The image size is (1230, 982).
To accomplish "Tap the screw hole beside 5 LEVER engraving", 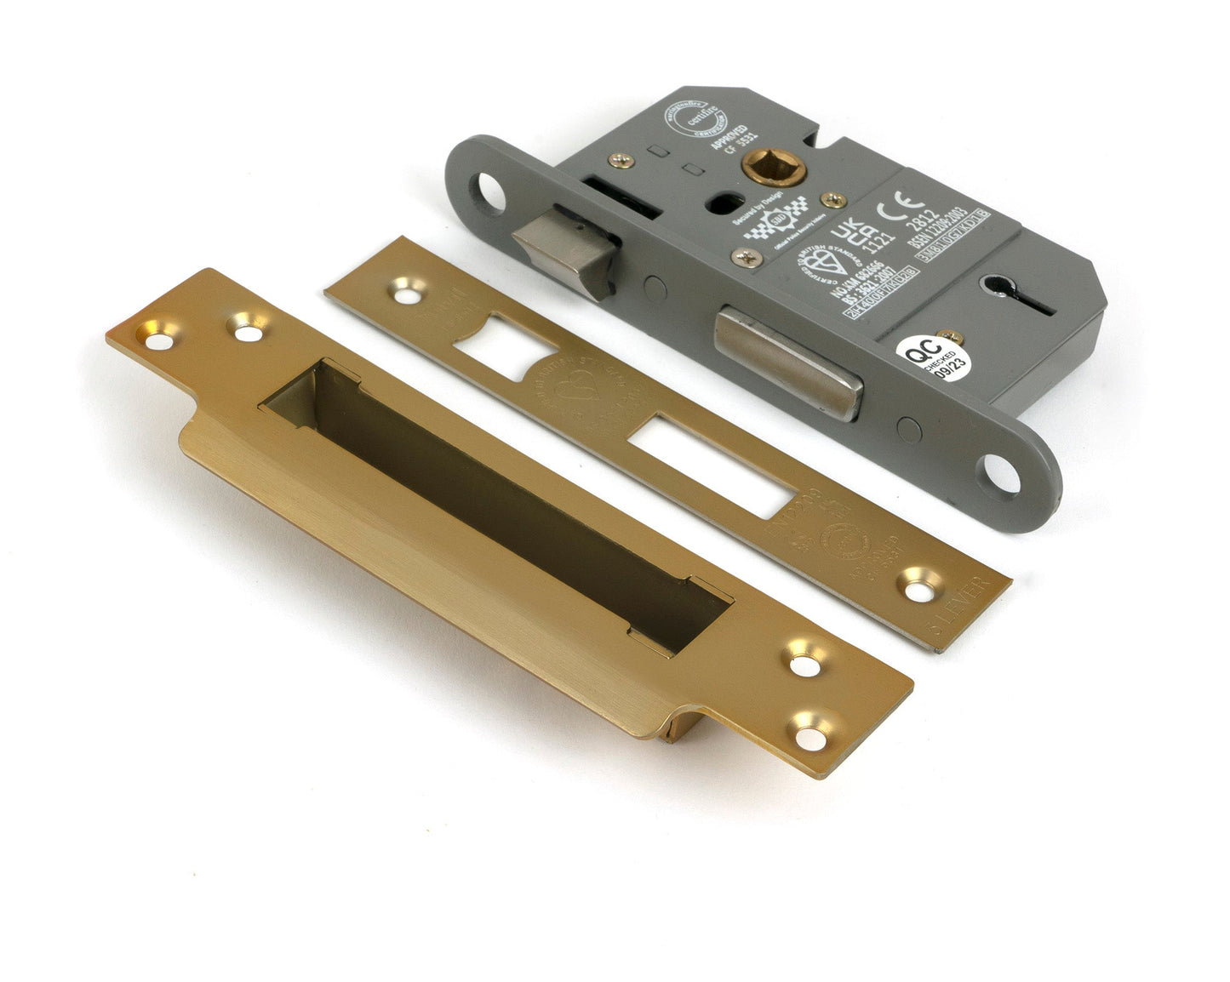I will pos(917,587).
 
